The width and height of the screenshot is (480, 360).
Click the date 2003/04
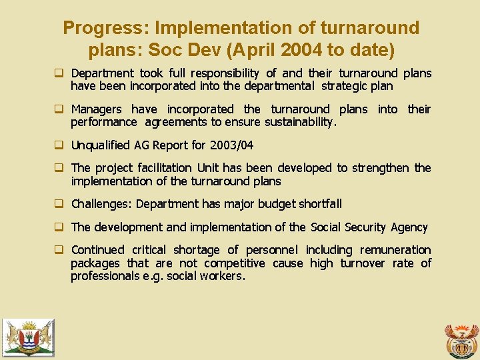click(x=231, y=145)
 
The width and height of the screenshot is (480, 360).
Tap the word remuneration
click(x=395, y=250)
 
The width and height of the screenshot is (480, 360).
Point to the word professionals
click(x=103, y=276)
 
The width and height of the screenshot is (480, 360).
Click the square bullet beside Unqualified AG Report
click(x=59, y=145)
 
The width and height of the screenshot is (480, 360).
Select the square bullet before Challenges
click(x=59, y=204)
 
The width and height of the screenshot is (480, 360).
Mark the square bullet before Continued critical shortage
click(x=59, y=250)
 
